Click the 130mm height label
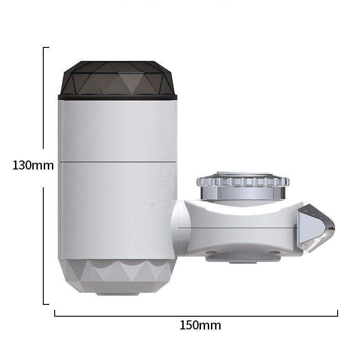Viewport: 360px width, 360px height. point(33,165)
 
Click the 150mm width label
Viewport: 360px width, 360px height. point(200,325)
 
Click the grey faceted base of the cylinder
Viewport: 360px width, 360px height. point(117,276)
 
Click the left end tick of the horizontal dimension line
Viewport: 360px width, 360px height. point(55,313)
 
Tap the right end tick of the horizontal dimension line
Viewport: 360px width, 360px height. point(338,313)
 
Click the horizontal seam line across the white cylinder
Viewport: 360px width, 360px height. point(117,161)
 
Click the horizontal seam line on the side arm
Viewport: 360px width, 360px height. point(237,226)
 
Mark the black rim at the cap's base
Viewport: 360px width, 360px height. point(117,96)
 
